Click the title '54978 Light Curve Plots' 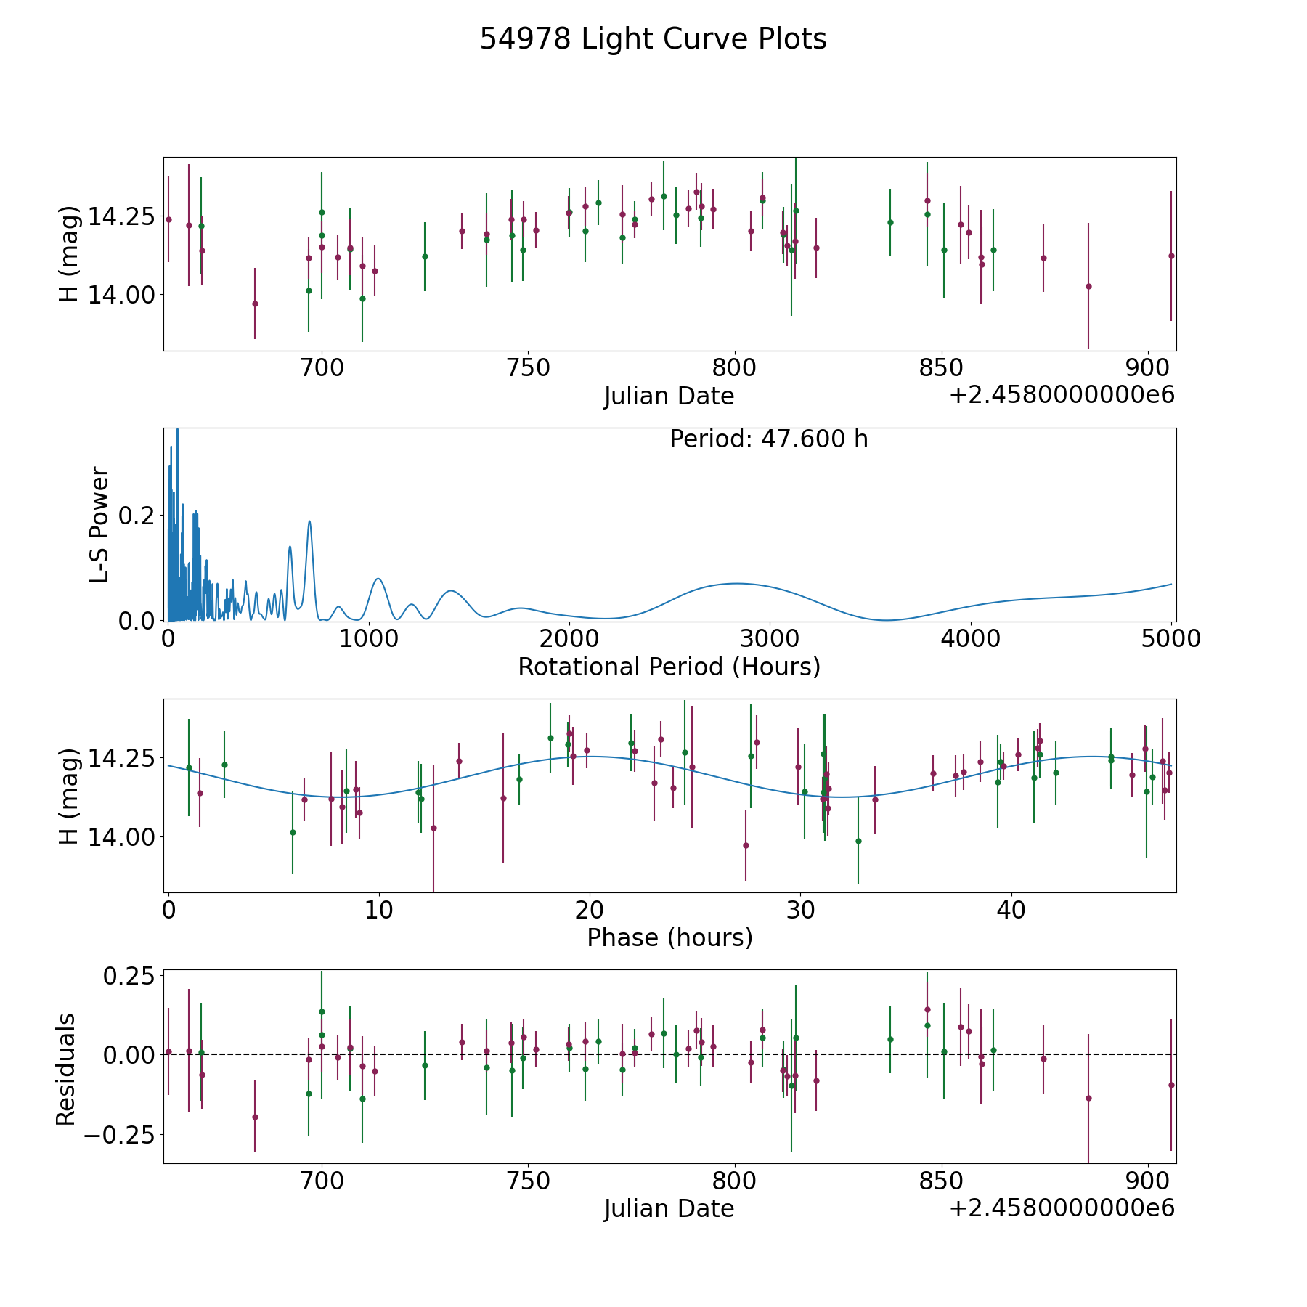point(653,39)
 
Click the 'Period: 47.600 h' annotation point(768,439)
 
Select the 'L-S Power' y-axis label point(100,524)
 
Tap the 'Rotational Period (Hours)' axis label point(669,667)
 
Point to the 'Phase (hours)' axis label point(669,937)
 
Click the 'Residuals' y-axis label point(66,1069)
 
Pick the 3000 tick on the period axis point(769,639)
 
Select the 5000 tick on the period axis point(1170,639)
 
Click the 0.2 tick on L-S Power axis point(138,516)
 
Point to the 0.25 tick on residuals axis point(128,975)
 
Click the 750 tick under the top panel point(528,368)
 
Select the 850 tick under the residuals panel point(941,1181)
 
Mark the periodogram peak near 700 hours point(309,521)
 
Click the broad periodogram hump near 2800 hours point(736,583)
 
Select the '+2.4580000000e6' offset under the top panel point(1062,395)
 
